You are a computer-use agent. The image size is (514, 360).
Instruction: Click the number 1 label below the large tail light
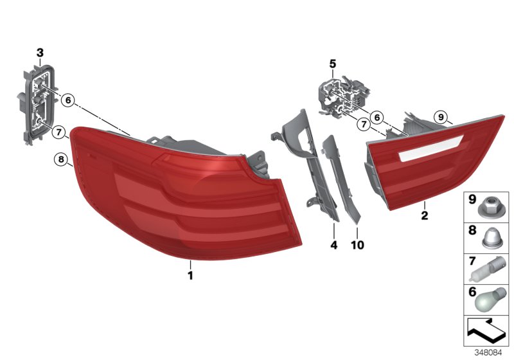pos(190,276)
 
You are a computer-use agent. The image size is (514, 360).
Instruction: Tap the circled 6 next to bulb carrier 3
pos(68,100)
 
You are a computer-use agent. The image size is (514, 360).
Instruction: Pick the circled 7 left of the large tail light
pos(58,133)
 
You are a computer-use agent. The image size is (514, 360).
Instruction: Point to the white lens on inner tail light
pos(424,152)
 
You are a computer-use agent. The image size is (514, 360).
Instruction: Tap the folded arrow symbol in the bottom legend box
pos(486,332)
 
